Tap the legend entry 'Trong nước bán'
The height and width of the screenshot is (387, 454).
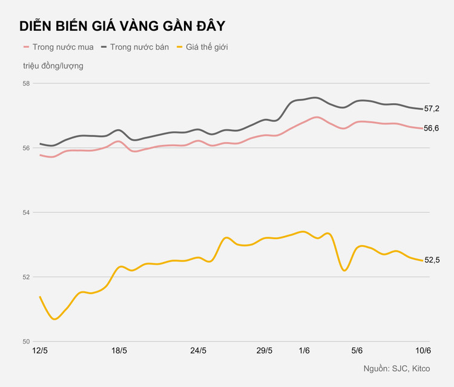pos(135,47)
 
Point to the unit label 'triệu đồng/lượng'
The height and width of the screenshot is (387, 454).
pos(53,66)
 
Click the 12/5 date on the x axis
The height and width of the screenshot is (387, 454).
pos(41,351)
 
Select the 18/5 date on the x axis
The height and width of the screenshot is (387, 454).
pos(119,351)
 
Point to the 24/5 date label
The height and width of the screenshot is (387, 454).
pos(199,351)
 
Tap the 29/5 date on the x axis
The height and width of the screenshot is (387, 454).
pos(265,351)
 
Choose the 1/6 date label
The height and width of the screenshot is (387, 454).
pos(304,351)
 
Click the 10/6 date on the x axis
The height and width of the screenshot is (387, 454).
pos(423,351)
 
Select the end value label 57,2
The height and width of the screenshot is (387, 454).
pos(432,109)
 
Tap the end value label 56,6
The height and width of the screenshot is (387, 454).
pos(432,129)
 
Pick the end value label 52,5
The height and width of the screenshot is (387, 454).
pos(432,260)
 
